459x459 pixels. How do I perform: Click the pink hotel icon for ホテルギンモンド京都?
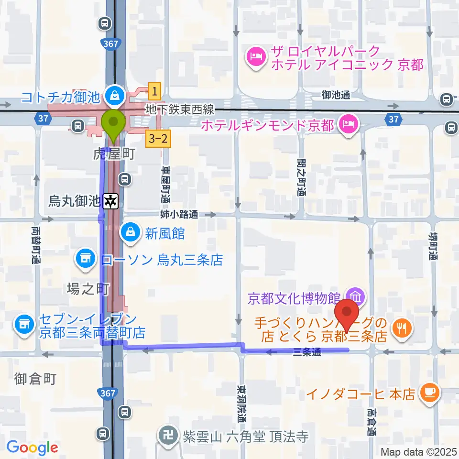pyautogui.click(x=346, y=126)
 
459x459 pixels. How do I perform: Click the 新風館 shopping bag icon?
pyautogui.click(x=130, y=233)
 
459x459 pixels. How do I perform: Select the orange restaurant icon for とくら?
pyautogui.click(x=400, y=328)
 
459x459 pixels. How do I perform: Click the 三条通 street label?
pyautogui.click(x=304, y=352)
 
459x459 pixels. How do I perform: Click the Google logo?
pyautogui.click(x=33, y=448)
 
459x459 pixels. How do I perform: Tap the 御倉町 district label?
pyautogui.click(x=36, y=379)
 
